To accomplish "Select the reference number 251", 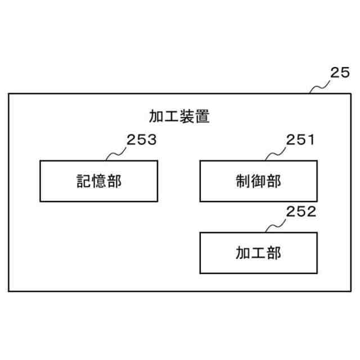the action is click(x=300, y=141).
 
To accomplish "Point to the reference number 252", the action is click(x=301, y=212).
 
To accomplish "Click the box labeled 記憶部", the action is click(x=98, y=181).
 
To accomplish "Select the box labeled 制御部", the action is click(x=258, y=181).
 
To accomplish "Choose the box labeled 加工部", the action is click(x=258, y=253).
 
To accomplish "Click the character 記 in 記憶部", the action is click(x=83, y=181).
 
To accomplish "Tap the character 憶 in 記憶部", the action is click(x=98, y=181).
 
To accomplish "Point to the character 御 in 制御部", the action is click(x=258, y=181).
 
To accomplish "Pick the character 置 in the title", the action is click(x=202, y=118).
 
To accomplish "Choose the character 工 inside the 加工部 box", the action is click(x=258, y=253).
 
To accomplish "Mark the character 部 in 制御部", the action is click(x=273, y=181).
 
